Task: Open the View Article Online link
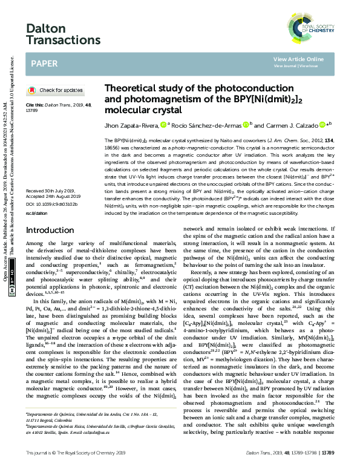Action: point(298,59)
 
